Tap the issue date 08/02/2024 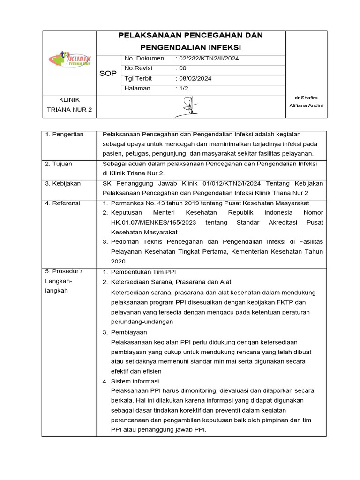click(195, 78)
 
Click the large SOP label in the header click(108, 74)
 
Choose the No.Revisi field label click(136, 68)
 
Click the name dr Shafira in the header click(306, 97)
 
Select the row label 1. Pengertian click(64, 135)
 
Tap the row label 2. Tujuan click(59, 164)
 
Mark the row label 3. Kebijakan click(63, 184)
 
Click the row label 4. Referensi click(63, 203)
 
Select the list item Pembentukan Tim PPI click(143, 272)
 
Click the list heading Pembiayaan click(129, 332)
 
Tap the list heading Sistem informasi click(135, 381)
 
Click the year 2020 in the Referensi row click(118, 262)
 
